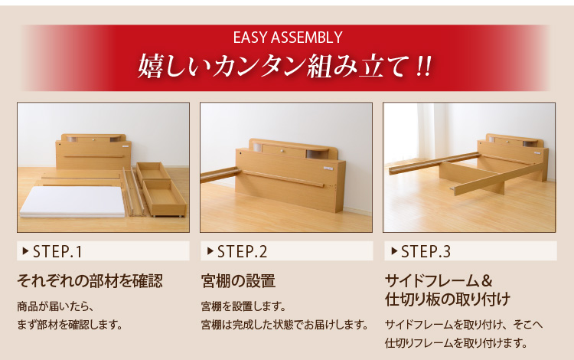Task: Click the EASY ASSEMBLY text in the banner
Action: tap(288, 38)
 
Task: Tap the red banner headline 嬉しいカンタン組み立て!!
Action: tap(285, 66)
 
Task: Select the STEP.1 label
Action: tap(57, 251)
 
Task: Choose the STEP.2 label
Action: tap(242, 251)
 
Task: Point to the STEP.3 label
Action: tap(426, 251)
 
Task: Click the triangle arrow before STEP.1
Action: tap(25, 251)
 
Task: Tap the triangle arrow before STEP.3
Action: tap(394, 251)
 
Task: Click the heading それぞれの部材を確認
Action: tap(90, 281)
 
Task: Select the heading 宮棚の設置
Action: tap(238, 281)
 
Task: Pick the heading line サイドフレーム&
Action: tap(439, 281)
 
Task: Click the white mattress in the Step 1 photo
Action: tap(73, 201)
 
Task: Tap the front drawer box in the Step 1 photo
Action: tap(164, 198)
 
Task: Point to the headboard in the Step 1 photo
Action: tap(93, 152)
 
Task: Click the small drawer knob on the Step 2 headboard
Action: tap(282, 150)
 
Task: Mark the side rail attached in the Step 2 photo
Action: tap(220, 175)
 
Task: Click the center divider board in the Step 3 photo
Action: tap(471, 177)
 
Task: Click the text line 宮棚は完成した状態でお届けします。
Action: tap(285, 325)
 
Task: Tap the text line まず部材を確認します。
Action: tap(70, 325)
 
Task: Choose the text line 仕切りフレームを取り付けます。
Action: tap(456, 343)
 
